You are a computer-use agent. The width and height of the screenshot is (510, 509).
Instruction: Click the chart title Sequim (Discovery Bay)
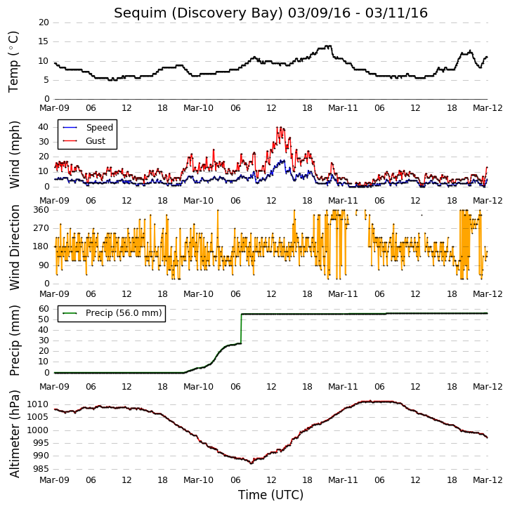tap(199, 13)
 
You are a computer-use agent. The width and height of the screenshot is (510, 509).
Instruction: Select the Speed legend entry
tap(88, 127)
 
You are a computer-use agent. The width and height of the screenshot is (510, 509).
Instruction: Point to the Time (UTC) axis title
tap(270, 495)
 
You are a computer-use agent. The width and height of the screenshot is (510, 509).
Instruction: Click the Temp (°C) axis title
tap(13, 62)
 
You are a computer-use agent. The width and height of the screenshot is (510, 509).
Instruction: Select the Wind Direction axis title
tap(15, 247)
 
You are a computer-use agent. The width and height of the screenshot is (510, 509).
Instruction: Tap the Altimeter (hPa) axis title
tap(15, 434)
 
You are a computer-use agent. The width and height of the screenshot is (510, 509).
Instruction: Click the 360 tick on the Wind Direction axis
tap(41, 210)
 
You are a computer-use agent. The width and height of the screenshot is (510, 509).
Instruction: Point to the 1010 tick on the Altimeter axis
tap(38, 404)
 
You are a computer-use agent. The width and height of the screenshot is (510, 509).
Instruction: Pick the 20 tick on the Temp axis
tap(44, 22)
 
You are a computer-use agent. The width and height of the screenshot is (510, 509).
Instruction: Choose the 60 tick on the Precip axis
tap(44, 309)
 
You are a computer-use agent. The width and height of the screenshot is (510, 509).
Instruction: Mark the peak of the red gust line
tap(277, 127)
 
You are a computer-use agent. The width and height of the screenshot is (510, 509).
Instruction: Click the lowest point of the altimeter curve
tap(251, 463)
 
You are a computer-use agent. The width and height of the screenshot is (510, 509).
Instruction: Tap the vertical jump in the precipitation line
tap(241, 329)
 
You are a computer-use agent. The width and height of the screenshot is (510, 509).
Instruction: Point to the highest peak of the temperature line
tap(329, 46)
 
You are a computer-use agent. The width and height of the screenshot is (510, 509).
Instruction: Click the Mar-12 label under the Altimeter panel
tap(488, 480)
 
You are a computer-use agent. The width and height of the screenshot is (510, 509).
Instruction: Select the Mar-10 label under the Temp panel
tap(198, 108)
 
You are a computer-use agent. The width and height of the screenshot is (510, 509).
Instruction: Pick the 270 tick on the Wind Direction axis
tap(41, 228)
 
